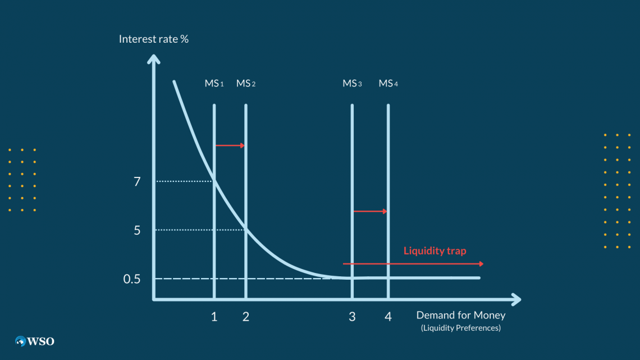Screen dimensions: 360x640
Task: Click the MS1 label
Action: pos(214,84)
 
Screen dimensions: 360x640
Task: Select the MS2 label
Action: pos(246,84)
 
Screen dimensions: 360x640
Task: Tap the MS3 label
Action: pos(352,84)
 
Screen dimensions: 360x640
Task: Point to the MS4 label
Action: pos(388,84)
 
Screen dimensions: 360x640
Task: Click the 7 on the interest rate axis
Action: pos(138,181)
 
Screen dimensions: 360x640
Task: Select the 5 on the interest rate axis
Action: pos(138,230)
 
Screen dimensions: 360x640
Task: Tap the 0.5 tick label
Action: pos(132,279)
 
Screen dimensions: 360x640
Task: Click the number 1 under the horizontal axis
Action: pos(214,317)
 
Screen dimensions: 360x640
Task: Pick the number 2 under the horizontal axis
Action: pos(246,317)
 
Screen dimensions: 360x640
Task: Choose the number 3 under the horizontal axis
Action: pos(352,317)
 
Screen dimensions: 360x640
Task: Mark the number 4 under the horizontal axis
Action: pos(388,317)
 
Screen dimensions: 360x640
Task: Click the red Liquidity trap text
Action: pos(435,251)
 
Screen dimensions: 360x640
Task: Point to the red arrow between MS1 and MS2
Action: pos(230,145)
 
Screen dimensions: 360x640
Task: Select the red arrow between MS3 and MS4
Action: pos(370,211)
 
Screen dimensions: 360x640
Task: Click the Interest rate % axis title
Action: pos(153,39)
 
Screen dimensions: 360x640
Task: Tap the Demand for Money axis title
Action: pos(460,315)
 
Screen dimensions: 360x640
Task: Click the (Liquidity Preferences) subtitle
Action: pos(460,328)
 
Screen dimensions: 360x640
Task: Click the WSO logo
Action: pos(35,341)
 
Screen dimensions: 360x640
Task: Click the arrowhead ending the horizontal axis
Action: pos(515,299)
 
